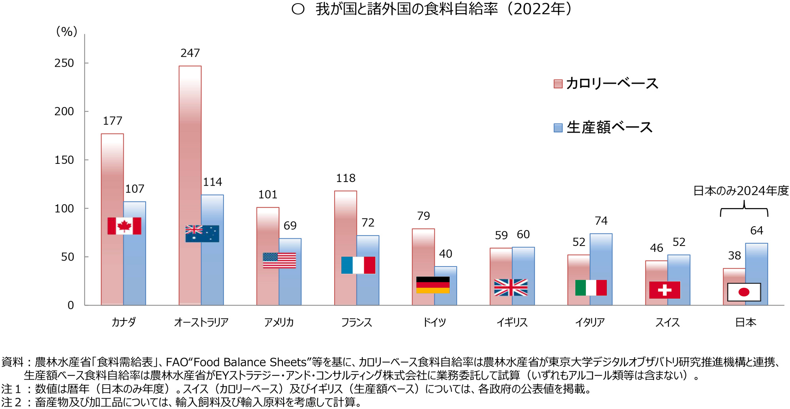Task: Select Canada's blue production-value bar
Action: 135,268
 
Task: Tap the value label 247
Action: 190,53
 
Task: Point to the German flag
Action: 433,285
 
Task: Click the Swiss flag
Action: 665,290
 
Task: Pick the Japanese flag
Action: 744,292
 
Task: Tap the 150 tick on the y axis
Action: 64,160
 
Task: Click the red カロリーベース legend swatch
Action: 558,84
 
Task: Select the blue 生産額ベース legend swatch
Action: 558,128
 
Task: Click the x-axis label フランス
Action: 357,323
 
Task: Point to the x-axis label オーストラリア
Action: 201,323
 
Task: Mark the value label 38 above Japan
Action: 734,256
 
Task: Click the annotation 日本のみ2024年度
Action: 741,191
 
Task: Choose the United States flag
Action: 279,261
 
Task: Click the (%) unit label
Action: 66,32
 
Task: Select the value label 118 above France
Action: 346,178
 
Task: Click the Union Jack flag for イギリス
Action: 511,287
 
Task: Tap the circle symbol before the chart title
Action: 298,9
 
